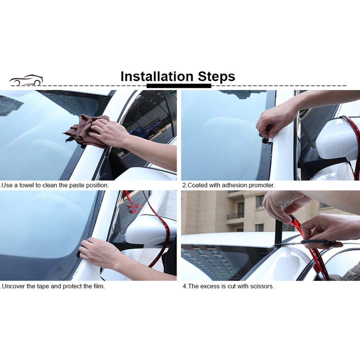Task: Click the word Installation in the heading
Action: [157, 76]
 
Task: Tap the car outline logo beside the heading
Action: [26, 80]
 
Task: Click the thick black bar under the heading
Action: [179, 86]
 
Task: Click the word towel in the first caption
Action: [26, 185]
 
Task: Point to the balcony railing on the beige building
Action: [235, 216]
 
